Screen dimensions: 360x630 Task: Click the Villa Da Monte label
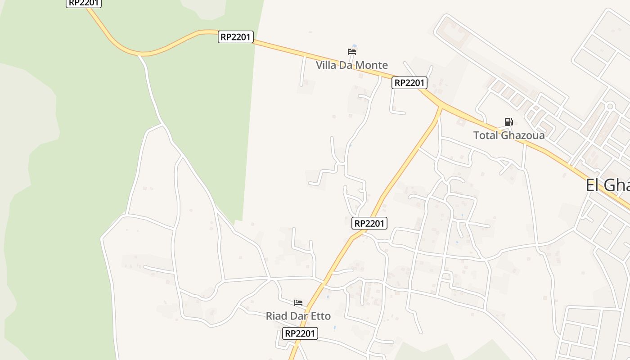pos(351,65)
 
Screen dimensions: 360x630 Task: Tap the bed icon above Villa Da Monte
pos(351,52)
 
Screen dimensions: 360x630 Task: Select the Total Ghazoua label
pos(508,135)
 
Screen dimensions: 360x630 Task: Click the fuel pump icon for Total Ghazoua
pos(508,121)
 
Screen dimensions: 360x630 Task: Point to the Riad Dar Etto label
pos(298,316)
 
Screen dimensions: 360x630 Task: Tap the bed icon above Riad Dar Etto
pos(298,302)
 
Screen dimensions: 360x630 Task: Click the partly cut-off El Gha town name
pos(607,185)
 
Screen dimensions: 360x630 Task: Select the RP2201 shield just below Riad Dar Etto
pos(300,333)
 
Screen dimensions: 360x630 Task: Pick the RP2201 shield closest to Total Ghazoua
pos(409,83)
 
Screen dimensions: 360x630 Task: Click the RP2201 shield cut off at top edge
pos(84,3)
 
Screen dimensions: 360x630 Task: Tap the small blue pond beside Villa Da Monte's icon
pos(355,46)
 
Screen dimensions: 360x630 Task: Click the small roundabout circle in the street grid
pos(610,107)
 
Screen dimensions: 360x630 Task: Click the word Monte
pos(371,65)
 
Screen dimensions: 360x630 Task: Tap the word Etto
pos(321,316)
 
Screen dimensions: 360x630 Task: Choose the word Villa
pos(326,65)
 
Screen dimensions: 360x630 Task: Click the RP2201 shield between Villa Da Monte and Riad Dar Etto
pos(369,223)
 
